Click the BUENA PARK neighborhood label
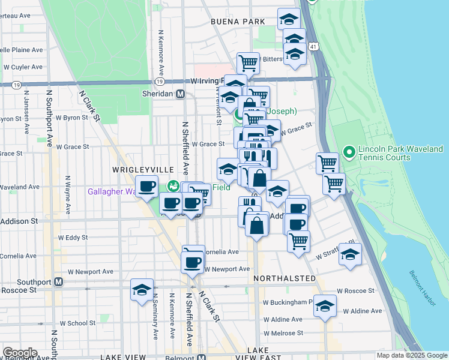coord(238,22)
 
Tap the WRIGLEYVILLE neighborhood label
coord(139,170)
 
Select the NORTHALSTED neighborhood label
coord(285,279)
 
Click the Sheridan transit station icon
coord(179,94)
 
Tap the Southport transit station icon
coord(58,281)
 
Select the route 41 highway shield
coord(313,46)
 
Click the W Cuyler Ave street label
coord(23,67)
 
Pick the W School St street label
coord(68,323)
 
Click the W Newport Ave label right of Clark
coord(227,269)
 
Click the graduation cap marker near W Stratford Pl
coord(350,254)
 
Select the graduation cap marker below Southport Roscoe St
coord(142,290)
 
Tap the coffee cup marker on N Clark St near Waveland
coord(147,186)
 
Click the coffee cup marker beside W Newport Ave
coord(193,262)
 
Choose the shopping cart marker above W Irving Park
coord(247,62)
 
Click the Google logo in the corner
coord(19,353)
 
